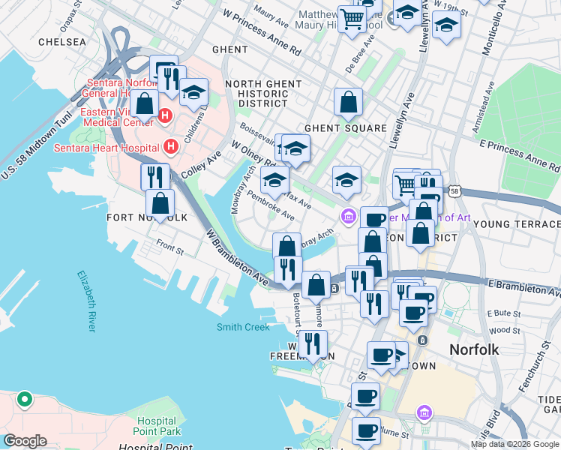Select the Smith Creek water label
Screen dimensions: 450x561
[x=243, y=327]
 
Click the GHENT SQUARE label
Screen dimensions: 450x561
[x=345, y=129]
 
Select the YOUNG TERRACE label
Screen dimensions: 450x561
[x=517, y=224]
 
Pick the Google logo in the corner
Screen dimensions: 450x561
[x=25, y=441]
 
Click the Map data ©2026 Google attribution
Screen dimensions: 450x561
[x=514, y=444]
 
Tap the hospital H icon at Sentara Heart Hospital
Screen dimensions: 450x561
[x=172, y=146]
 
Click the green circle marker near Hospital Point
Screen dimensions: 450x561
[x=24, y=399]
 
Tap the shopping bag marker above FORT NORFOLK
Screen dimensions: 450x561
[x=160, y=202]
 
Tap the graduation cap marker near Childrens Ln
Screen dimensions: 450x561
[x=193, y=93]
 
